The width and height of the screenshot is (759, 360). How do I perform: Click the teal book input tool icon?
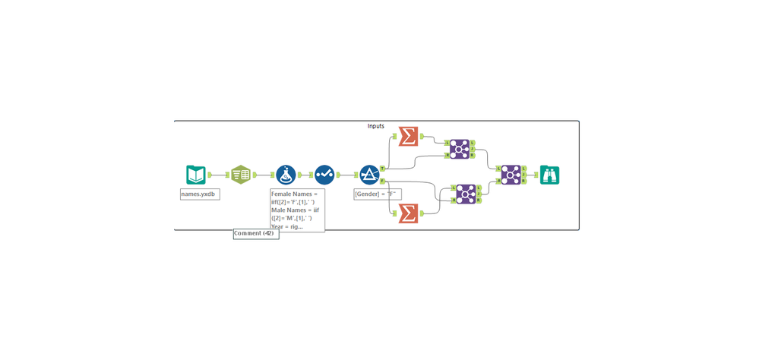coord(196,175)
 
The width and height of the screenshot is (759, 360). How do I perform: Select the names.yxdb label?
coord(200,194)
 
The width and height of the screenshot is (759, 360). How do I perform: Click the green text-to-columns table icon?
coord(241,175)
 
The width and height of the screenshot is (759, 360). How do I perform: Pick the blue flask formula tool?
coord(286,175)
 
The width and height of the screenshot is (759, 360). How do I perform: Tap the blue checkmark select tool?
coord(324,175)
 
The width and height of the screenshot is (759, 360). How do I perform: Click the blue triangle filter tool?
coord(369,175)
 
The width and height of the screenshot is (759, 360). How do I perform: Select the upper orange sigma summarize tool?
coord(408,136)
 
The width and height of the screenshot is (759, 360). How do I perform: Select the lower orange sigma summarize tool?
coord(408,213)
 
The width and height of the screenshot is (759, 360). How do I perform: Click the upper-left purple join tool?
coord(459,149)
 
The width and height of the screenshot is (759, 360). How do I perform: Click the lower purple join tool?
coord(466,194)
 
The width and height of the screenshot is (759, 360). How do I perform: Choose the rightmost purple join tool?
coord(511,175)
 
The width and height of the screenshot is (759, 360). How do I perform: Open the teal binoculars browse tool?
coord(549,175)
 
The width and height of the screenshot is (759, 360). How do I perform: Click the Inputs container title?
coord(376,126)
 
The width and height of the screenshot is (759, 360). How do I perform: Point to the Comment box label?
coord(255,233)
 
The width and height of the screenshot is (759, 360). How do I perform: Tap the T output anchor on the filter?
coord(382,168)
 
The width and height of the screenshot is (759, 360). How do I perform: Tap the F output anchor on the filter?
coord(382,181)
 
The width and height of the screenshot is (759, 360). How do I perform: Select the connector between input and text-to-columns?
coord(219,175)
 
